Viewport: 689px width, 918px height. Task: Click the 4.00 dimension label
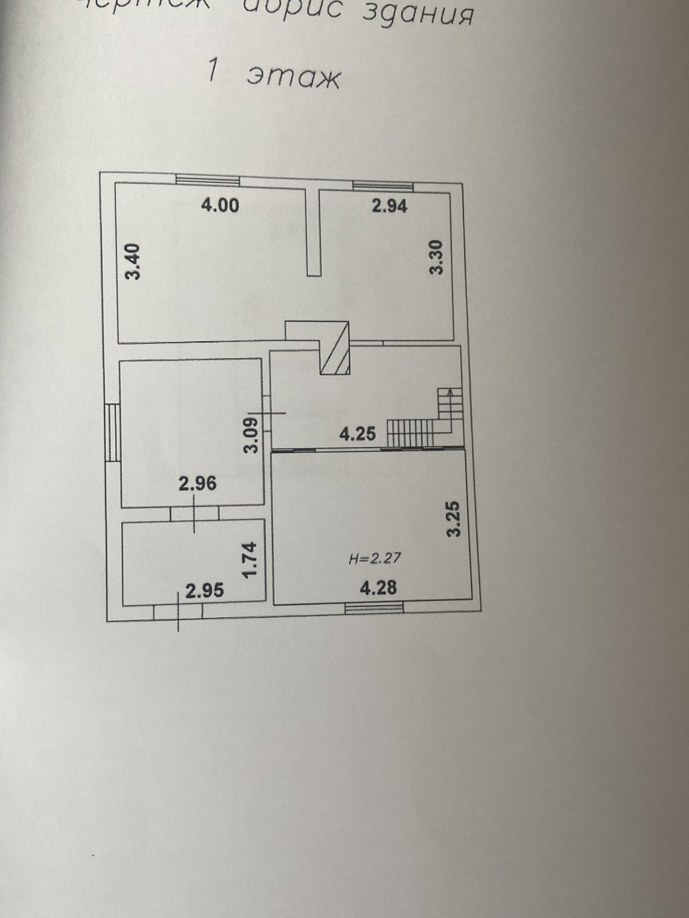tap(220, 206)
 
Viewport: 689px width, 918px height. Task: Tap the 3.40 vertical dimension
tap(134, 261)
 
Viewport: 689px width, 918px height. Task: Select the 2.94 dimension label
tap(389, 206)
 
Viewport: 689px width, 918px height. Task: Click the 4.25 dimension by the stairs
tap(358, 434)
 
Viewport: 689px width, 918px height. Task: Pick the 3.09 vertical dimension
tap(252, 435)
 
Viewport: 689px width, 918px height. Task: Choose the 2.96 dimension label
tap(198, 483)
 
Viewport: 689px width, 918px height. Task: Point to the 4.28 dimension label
tap(378, 587)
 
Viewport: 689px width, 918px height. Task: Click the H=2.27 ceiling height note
tap(375, 558)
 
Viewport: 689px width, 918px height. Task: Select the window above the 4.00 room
tap(208, 180)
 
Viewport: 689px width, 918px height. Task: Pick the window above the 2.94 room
tap(383, 186)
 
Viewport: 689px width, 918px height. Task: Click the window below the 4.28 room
tap(374, 608)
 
